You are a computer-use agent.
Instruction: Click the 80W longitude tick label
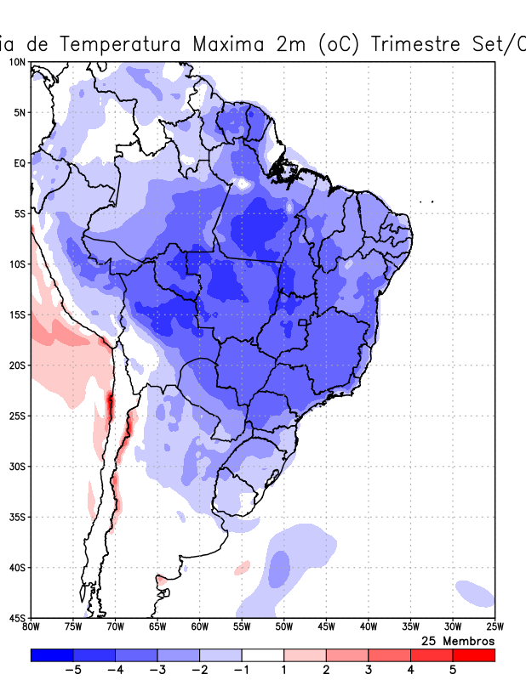pos(31,627)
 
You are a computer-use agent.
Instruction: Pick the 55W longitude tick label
pos(242,627)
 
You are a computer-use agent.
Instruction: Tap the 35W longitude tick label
pos(410,627)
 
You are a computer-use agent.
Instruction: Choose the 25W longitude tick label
pos(495,627)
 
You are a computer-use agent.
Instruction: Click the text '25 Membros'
pos(458,640)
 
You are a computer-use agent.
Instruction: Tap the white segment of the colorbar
pos(263,655)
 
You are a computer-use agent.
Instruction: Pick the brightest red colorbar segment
pos(474,655)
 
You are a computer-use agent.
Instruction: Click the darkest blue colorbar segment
pos(52,655)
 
